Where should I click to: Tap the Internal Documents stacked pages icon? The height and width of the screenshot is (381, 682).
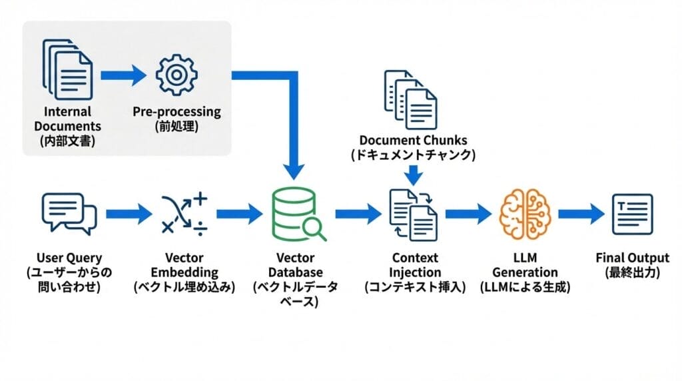(68, 69)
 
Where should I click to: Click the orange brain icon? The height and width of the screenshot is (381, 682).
(525, 213)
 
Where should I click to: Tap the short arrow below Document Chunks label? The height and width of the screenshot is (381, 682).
(414, 175)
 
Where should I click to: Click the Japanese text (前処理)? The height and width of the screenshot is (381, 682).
(176, 127)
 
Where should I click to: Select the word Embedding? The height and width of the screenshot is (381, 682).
(184, 272)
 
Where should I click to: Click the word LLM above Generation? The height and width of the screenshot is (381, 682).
(525, 258)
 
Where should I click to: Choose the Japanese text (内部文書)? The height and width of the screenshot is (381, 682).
(68, 141)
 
